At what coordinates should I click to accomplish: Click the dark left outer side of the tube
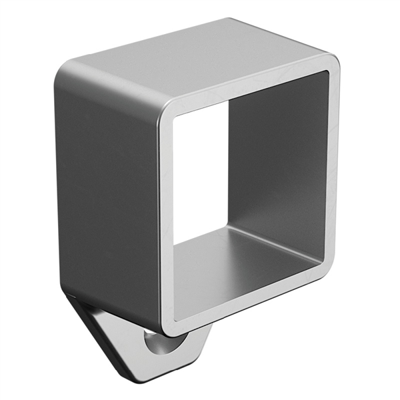(107, 193)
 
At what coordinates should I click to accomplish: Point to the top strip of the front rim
(247, 85)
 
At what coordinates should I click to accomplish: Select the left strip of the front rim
(167, 220)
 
